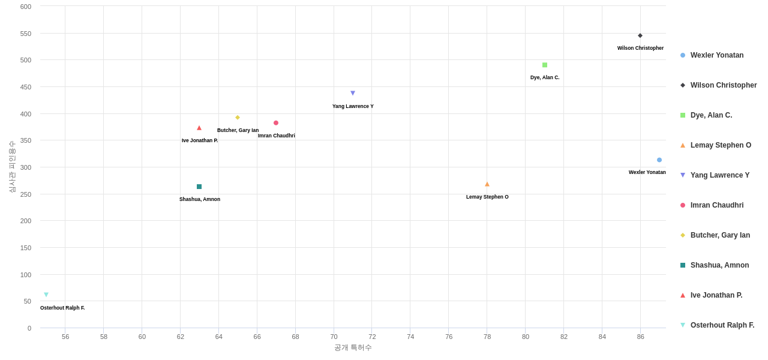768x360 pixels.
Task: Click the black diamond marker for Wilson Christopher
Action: (x=640, y=35)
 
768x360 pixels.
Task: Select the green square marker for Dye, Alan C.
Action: (x=545, y=65)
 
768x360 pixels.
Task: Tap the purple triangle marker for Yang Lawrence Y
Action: (x=353, y=93)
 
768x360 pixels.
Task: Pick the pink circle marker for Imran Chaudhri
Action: (x=276, y=123)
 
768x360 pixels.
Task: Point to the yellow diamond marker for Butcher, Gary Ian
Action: (x=238, y=118)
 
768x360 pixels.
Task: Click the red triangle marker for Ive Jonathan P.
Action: (x=199, y=128)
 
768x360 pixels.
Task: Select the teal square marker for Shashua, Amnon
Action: (x=199, y=187)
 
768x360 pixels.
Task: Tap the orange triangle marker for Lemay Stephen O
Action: (x=487, y=184)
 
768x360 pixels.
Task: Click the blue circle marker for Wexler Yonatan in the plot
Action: (x=659, y=160)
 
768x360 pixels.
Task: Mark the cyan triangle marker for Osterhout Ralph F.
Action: (x=46, y=295)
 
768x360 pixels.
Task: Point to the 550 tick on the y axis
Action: (x=26, y=34)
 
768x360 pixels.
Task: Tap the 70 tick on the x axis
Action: (x=334, y=337)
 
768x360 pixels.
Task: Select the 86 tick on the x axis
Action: (x=641, y=337)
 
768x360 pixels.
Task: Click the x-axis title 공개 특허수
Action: (x=353, y=347)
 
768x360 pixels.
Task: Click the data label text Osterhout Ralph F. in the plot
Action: (x=62, y=308)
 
